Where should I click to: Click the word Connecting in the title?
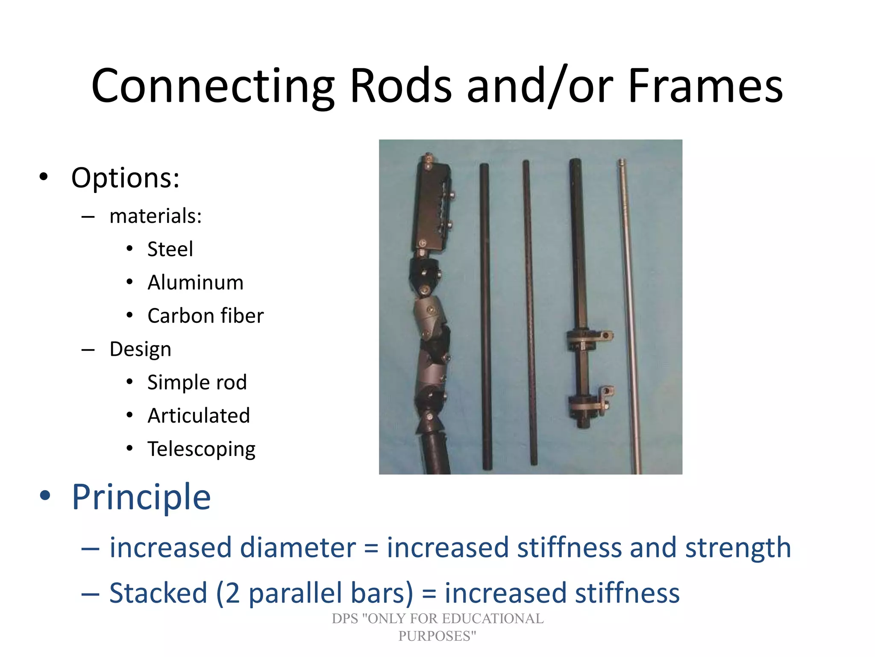pos(213,86)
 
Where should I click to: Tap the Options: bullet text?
pos(125,178)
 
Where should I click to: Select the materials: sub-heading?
pos(156,216)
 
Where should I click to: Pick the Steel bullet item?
pos(170,249)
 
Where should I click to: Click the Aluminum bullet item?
pos(195,282)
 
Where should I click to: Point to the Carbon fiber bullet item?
pos(205,316)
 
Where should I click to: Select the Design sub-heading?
pos(140,349)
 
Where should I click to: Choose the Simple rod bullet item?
pos(197,382)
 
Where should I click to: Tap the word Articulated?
pos(199,415)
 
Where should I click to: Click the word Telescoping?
pos(201,449)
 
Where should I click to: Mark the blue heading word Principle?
pos(141,497)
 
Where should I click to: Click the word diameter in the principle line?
pos(298,547)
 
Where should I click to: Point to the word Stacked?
pos(158,593)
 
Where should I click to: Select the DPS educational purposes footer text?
pos(437,627)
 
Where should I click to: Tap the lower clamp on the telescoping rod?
pos(590,402)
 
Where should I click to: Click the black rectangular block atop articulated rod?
pos(432,205)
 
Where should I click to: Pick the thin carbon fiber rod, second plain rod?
pos(530,312)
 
